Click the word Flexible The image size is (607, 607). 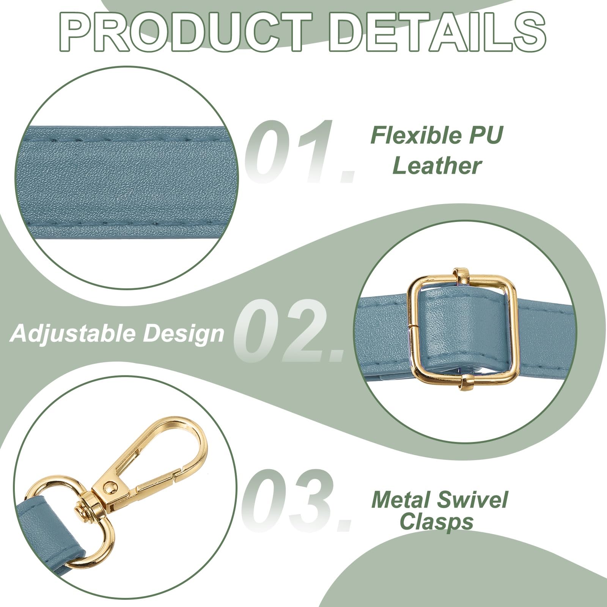point(417,135)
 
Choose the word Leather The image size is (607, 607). point(437,166)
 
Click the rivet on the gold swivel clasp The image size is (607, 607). point(110,487)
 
